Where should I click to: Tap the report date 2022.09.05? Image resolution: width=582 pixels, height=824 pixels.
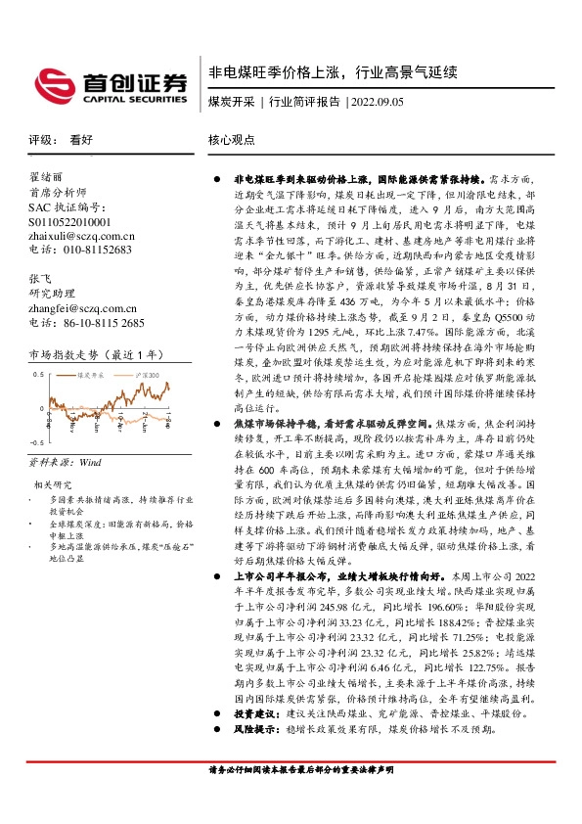[377, 101]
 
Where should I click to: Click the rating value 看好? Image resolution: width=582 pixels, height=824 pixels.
[81, 140]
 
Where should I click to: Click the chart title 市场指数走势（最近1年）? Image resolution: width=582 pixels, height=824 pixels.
[90, 353]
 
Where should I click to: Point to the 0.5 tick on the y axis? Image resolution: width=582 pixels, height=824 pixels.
[38, 375]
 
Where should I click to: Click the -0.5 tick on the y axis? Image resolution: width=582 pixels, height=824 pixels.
[37, 442]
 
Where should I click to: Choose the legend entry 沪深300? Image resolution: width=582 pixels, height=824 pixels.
[147, 375]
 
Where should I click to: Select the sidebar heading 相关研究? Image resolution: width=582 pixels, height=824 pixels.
[53, 483]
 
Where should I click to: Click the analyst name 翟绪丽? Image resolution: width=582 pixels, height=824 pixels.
[45, 178]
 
